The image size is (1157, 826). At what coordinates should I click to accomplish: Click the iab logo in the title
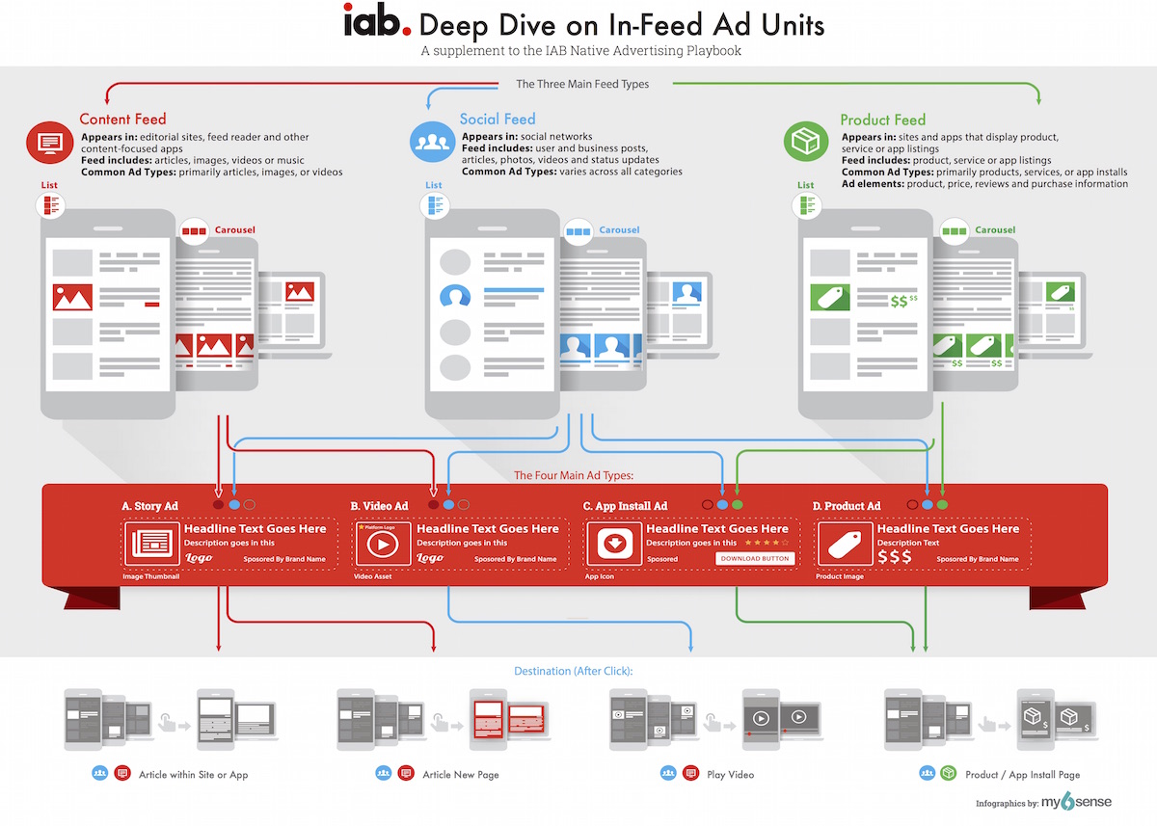pyautogui.click(x=378, y=22)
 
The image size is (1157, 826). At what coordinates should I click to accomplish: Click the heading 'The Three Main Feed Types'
pyautogui.click(x=582, y=84)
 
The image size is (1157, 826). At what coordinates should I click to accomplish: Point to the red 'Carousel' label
pyautogui.click(x=235, y=230)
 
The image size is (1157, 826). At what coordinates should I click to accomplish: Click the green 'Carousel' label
pyautogui.click(x=994, y=230)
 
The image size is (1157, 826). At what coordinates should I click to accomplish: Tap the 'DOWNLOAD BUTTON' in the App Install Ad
pyautogui.click(x=755, y=558)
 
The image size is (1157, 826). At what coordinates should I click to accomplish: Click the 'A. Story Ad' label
pyautogui.click(x=149, y=506)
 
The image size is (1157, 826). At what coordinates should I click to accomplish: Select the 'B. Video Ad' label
pyautogui.click(x=379, y=506)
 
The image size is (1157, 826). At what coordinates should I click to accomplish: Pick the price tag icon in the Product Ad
pyautogui.click(x=840, y=545)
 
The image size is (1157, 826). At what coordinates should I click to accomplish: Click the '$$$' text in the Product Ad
pyautogui.click(x=894, y=557)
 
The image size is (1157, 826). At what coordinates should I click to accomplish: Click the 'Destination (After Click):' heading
pyautogui.click(x=579, y=671)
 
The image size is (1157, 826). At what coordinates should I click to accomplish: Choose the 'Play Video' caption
pyautogui.click(x=731, y=774)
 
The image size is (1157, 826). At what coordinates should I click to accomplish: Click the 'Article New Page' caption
pyautogui.click(x=461, y=774)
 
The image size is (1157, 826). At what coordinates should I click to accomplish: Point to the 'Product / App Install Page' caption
pyautogui.click(x=1022, y=774)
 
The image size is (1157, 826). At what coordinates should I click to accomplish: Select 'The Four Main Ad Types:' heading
pyautogui.click(x=573, y=475)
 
